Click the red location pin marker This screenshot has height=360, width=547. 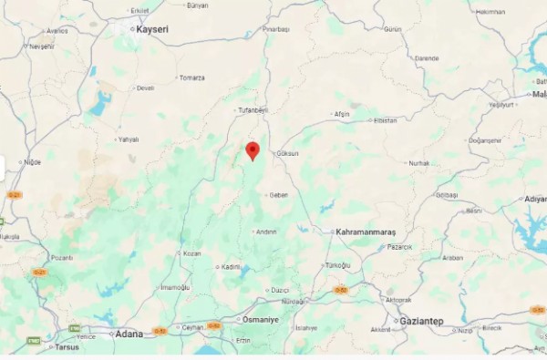[x=253, y=150]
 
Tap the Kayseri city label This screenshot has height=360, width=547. [x=151, y=29]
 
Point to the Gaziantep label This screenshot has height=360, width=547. [x=421, y=321]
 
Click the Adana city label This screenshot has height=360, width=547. [x=129, y=334]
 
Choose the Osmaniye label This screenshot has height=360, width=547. [x=259, y=320]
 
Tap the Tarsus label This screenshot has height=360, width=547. [x=67, y=347]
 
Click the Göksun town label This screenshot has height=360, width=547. [x=287, y=154]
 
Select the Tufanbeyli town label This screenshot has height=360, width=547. [x=253, y=109]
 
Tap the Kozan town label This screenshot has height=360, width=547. [x=191, y=253]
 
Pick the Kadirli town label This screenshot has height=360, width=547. [x=231, y=267]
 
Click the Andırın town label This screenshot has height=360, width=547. [x=266, y=231]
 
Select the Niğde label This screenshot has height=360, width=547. [x=33, y=162]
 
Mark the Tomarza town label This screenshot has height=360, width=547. [x=191, y=77]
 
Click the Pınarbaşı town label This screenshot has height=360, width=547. [x=275, y=30]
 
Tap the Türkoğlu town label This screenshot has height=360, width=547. [x=337, y=265]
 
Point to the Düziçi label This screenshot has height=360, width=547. [x=279, y=290]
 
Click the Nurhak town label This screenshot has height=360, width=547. [x=418, y=163]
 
